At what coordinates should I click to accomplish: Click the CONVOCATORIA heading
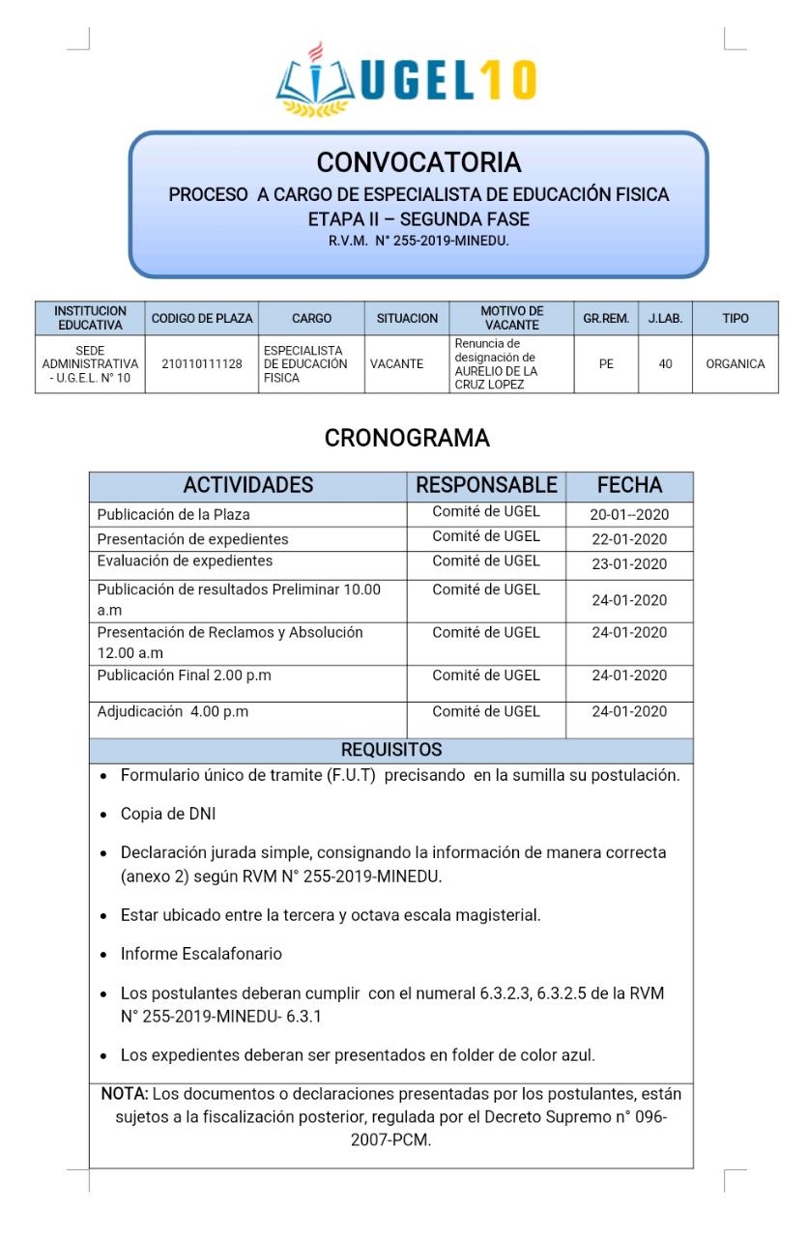coord(418,160)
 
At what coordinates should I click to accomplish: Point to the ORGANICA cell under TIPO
coord(736,364)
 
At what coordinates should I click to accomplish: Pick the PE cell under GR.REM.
coord(606,364)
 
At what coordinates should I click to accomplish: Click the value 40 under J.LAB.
coord(666,364)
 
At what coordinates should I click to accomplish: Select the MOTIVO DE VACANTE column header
coord(511,318)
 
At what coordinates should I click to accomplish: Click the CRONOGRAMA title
coord(406,438)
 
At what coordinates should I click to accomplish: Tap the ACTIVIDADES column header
coord(248,485)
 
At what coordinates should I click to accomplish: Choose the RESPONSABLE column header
coord(486,485)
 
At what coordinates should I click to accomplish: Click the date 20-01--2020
coord(629,515)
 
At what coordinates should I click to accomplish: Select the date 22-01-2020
coord(629,539)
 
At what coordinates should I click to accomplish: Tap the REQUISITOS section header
coord(391,750)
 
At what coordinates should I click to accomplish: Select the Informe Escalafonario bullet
coord(201,954)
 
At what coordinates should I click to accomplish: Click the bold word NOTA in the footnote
coord(123,1094)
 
